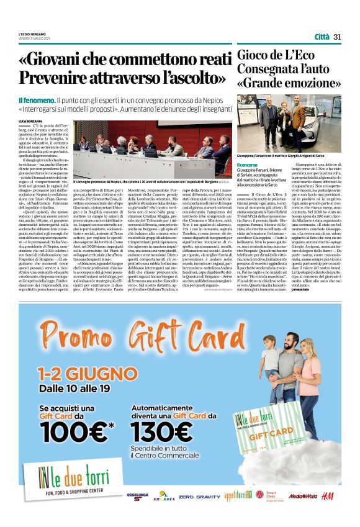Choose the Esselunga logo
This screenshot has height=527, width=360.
(137, 496)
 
